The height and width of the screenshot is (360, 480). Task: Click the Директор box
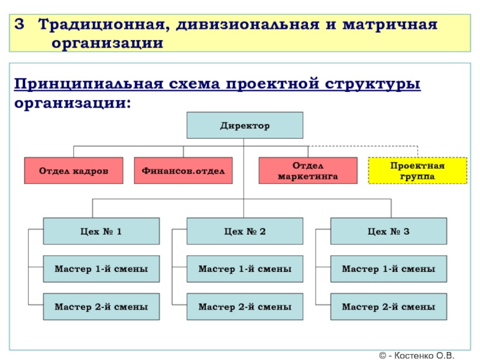(245, 126)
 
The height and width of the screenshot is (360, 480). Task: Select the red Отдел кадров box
(74, 171)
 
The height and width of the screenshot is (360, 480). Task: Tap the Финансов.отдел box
(184, 171)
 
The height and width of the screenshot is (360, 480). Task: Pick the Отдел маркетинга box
(308, 171)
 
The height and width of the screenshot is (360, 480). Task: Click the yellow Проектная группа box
(417, 170)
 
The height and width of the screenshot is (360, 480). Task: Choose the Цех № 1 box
(101, 231)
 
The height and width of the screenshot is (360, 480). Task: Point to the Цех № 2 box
(245, 231)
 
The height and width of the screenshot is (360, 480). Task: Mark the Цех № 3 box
(388, 231)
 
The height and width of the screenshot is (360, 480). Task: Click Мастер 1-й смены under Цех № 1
(101, 269)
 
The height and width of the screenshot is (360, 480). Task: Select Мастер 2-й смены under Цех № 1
(101, 307)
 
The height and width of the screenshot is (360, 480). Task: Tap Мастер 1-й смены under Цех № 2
(245, 269)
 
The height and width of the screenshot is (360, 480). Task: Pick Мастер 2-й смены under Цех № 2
(245, 307)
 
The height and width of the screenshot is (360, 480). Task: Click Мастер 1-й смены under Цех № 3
(388, 269)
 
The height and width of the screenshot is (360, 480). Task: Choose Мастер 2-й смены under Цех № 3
(388, 307)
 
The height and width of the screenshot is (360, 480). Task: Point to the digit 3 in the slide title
(20, 25)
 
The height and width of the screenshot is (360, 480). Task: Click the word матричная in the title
(391, 25)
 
